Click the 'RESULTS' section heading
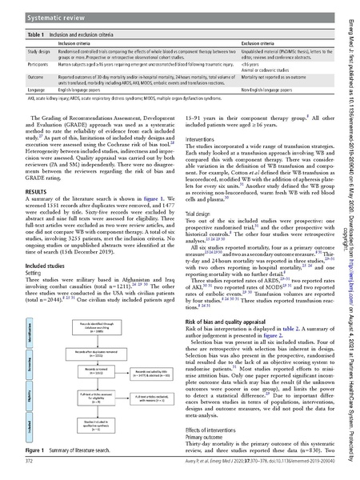[x=32, y=214]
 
